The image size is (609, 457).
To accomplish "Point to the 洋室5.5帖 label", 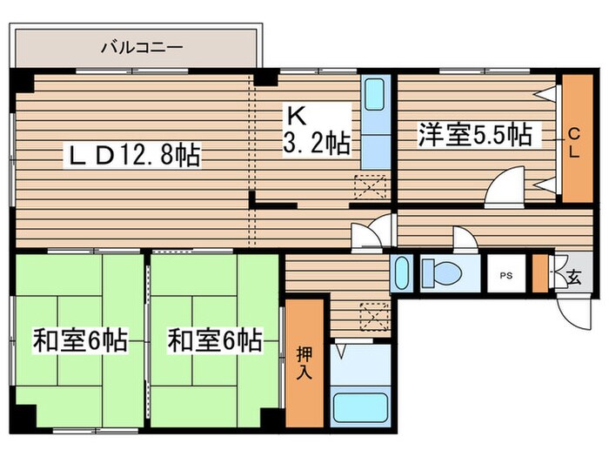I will tap(475, 135).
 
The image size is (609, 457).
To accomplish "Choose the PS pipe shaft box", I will tap(505, 275).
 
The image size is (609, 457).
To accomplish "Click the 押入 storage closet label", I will tap(304, 361).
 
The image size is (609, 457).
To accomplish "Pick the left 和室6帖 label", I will tap(80, 339).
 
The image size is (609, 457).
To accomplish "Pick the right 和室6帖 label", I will tap(215, 339).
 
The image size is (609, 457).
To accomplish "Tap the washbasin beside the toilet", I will tap(402, 273).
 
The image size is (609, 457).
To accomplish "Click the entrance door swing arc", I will tap(572, 309).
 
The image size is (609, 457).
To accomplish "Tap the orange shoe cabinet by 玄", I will tap(540, 273).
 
